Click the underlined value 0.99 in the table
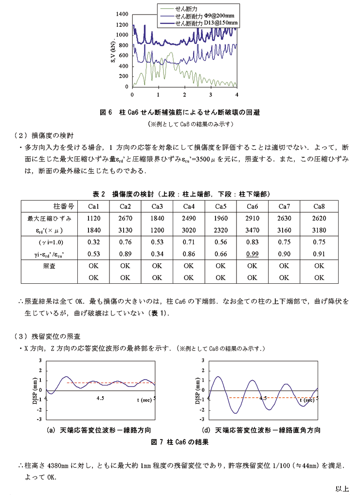pos(252,254)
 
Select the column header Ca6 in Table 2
pos(252,206)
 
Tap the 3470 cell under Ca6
pos(252,230)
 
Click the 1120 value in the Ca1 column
pos(93,218)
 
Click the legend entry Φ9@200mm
pos(204,16)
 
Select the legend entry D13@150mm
pos(206,22)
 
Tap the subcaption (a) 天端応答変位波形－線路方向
pos(98,430)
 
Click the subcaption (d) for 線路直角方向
pos(261,430)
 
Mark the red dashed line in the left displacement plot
pos(112,383)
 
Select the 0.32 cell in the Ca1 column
pos(93,242)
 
